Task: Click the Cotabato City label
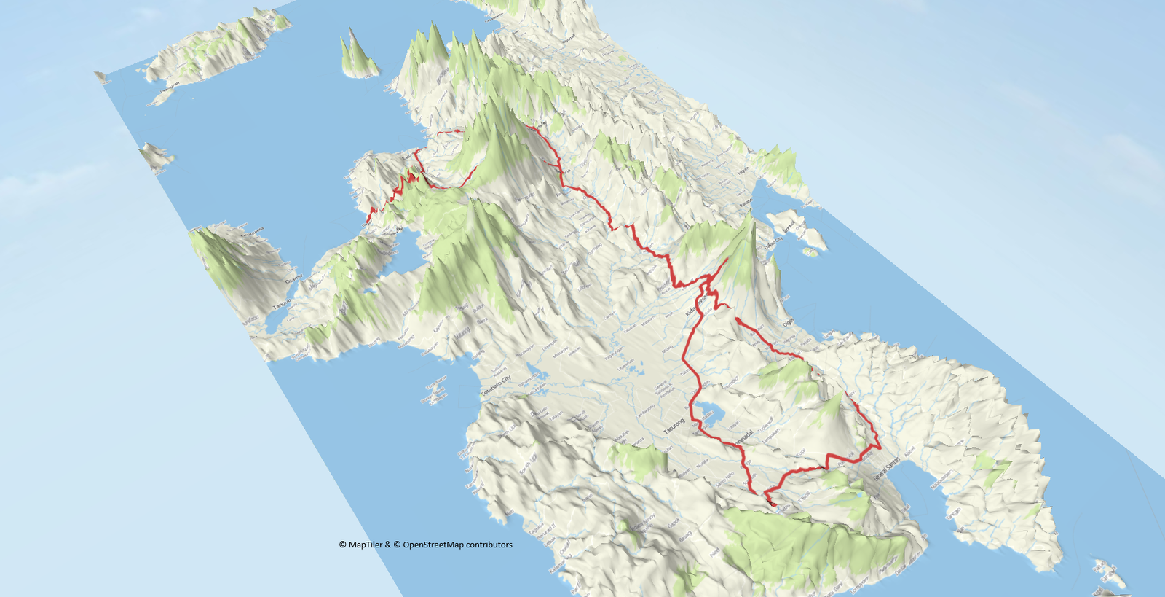click(496, 386)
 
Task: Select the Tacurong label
click(674, 424)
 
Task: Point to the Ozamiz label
click(293, 278)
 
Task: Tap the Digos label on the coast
click(789, 321)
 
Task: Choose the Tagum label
click(743, 171)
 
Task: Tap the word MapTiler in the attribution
click(365, 545)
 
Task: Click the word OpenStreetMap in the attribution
click(433, 545)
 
